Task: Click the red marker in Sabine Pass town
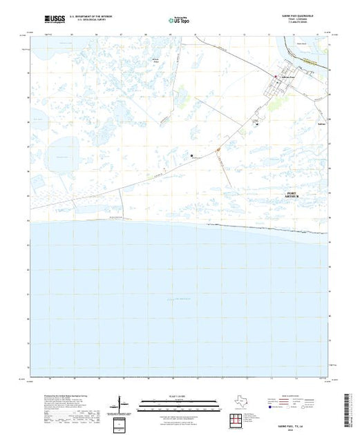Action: click(x=276, y=76)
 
